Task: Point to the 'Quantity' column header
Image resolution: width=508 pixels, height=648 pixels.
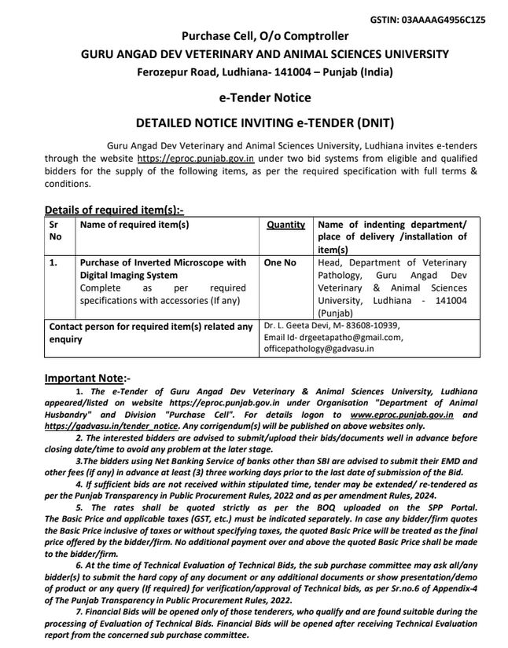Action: tap(285, 225)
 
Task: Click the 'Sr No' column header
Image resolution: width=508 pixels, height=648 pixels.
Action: tap(56, 230)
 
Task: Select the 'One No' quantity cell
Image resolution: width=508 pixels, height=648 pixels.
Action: tap(280, 263)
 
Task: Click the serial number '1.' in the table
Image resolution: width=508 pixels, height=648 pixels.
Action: tap(53, 263)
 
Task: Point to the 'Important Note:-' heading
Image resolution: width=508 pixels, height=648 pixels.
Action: tap(87, 378)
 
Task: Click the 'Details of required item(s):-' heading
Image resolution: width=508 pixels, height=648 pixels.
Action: tap(114, 210)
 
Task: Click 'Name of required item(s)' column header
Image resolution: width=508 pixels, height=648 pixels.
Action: tap(134, 225)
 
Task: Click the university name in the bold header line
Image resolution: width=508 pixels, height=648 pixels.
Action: tap(265, 54)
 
